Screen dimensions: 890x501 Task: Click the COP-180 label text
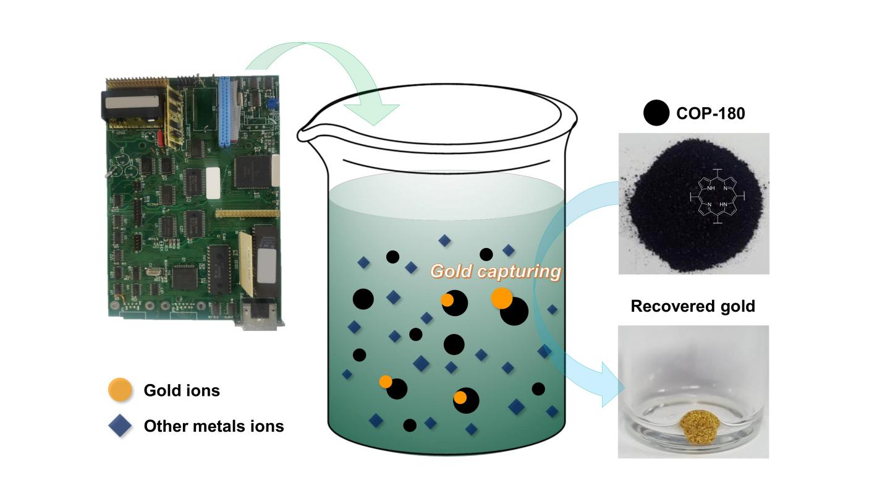pyautogui.click(x=710, y=113)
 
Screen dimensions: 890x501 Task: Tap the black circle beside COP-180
pyautogui.click(x=656, y=113)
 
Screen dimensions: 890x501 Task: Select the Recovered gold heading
pyautogui.click(x=693, y=306)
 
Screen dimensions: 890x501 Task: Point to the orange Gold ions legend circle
pyautogui.click(x=120, y=390)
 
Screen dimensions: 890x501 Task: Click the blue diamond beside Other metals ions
pyautogui.click(x=120, y=426)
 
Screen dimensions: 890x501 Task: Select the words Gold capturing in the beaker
pyautogui.click(x=496, y=271)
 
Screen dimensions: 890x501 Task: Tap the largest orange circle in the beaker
pyautogui.click(x=502, y=298)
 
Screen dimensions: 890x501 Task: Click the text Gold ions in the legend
pyautogui.click(x=182, y=390)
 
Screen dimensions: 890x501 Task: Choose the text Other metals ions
pyautogui.click(x=214, y=426)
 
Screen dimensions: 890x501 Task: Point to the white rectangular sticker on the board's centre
pyautogui.click(x=213, y=183)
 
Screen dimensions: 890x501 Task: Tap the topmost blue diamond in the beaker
pyautogui.click(x=444, y=240)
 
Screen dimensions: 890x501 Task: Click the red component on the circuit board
pyautogui.click(x=161, y=137)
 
